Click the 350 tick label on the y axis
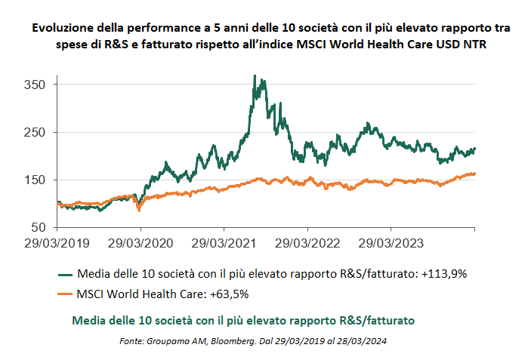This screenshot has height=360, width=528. (x=35, y=85)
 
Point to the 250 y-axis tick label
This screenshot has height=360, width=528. (x=35, y=133)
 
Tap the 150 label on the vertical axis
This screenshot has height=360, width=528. (x=35, y=180)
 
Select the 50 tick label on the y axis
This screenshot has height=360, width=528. (x=39, y=228)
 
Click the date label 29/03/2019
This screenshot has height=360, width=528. (x=57, y=243)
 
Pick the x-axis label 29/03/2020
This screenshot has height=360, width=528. (x=140, y=243)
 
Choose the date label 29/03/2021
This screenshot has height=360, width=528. (x=224, y=243)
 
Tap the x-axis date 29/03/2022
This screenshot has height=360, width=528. (x=307, y=243)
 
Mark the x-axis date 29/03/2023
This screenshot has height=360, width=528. (x=391, y=243)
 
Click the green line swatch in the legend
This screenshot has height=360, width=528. (x=65, y=275)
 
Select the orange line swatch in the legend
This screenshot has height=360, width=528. (x=65, y=294)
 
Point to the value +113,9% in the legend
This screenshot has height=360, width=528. (x=444, y=274)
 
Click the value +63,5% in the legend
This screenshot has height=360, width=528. (x=230, y=294)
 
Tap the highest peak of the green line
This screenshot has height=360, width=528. (x=255, y=75)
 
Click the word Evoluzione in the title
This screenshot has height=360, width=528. (x=63, y=28)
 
